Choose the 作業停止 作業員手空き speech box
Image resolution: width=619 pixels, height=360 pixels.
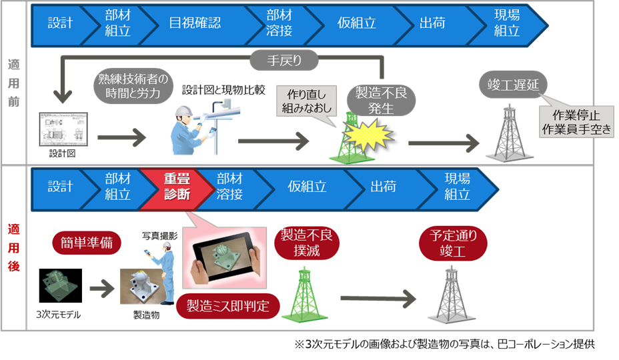pos(575,121)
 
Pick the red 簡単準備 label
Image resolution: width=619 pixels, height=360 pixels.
pos(87,243)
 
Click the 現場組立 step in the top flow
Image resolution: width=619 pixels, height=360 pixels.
pos(507,23)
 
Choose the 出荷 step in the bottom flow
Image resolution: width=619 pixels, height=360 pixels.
pos(378,187)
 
